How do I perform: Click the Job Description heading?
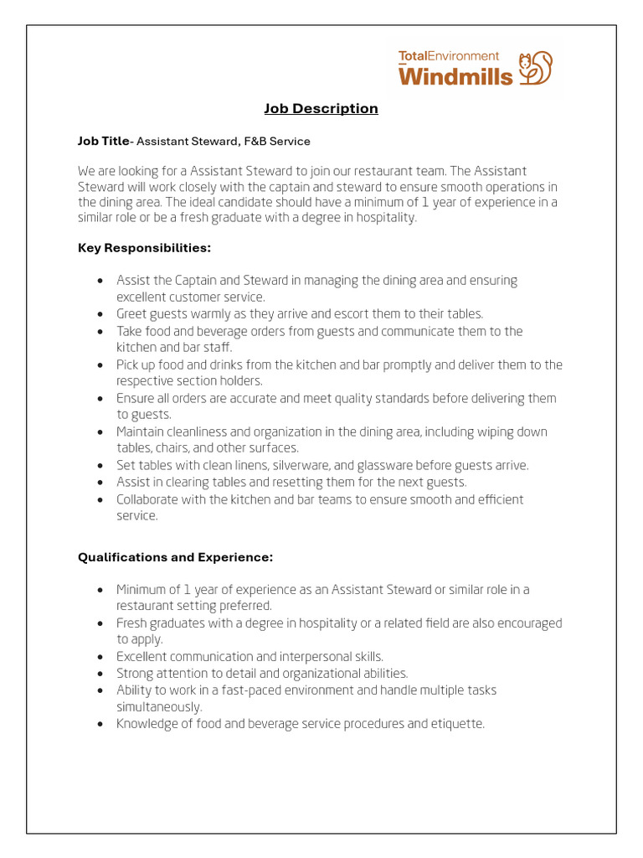coord(321,109)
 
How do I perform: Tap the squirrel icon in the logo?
coord(536,68)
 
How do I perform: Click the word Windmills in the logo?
coord(455,76)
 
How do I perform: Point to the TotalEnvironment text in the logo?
coord(448,56)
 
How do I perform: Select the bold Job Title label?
coord(104,142)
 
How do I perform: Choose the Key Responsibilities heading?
coord(144,248)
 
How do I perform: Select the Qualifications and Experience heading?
coord(175,557)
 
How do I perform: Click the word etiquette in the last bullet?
coord(457,724)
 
